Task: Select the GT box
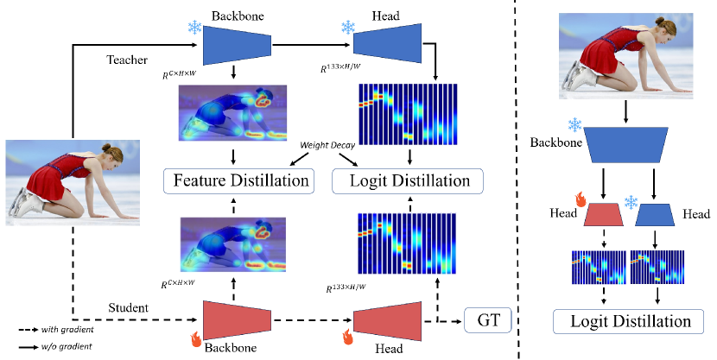(x=487, y=320)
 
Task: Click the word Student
(x=127, y=306)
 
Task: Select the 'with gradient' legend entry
(x=64, y=330)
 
